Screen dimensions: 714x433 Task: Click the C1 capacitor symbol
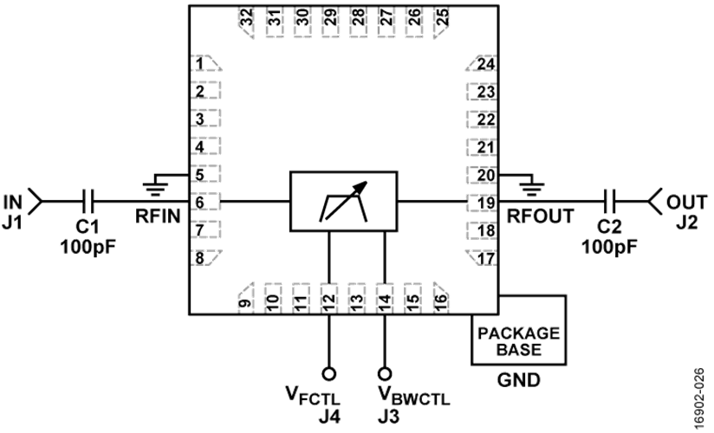point(89,201)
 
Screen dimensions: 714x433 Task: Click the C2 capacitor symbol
point(610,201)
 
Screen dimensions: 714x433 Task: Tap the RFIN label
point(158,216)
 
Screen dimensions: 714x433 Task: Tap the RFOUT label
point(541,216)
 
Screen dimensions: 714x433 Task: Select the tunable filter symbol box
point(344,201)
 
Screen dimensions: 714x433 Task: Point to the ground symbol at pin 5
point(156,188)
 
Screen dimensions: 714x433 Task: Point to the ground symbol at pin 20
point(531,188)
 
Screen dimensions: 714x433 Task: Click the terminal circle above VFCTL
point(328,374)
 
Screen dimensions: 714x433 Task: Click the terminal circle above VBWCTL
point(385,374)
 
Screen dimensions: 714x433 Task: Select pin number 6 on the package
point(200,202)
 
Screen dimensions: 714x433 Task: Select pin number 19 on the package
point(486,203)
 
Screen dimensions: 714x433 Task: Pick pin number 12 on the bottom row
point(328,299)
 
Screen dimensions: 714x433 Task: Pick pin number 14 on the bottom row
point(385,299)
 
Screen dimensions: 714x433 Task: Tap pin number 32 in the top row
point(246,17)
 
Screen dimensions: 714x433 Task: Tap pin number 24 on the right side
point(486,64)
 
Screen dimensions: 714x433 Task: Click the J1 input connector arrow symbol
point(36,201)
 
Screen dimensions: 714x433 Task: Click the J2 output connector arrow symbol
point(654,201)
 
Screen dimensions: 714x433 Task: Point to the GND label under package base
point(519,379)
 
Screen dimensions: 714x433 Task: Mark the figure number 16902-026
point(700,399)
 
